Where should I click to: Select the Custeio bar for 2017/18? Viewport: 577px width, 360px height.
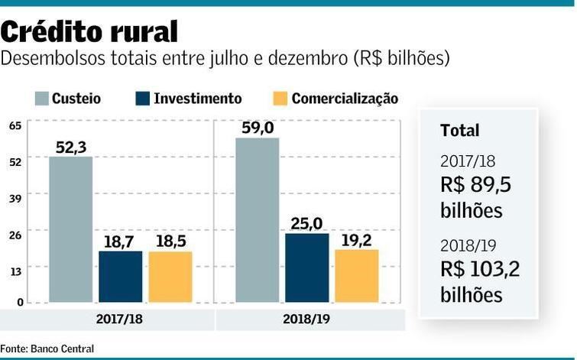coord(70,229)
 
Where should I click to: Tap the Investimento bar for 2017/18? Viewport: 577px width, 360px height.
coord(120,276)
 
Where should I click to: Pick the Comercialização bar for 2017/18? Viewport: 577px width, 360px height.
coord(170,277)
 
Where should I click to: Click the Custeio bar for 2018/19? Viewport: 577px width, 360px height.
coord(257,220)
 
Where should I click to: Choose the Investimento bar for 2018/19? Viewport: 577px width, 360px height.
coord(307,268)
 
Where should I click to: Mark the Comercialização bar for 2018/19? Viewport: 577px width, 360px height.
coord(356,275)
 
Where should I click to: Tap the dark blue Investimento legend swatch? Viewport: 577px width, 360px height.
coord(143,99)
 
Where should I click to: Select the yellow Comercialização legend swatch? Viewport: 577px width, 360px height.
coord(280,99)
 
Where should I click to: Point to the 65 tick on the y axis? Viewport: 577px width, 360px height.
coord(15,125)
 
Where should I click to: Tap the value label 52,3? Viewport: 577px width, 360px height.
coord(70,147)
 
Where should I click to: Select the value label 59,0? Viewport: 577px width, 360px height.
coord(257,128)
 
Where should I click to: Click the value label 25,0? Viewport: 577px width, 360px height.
coord(307,223)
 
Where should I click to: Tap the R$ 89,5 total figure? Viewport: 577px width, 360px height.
coord(475,185)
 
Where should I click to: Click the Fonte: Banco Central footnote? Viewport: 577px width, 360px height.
coord(47,349)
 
